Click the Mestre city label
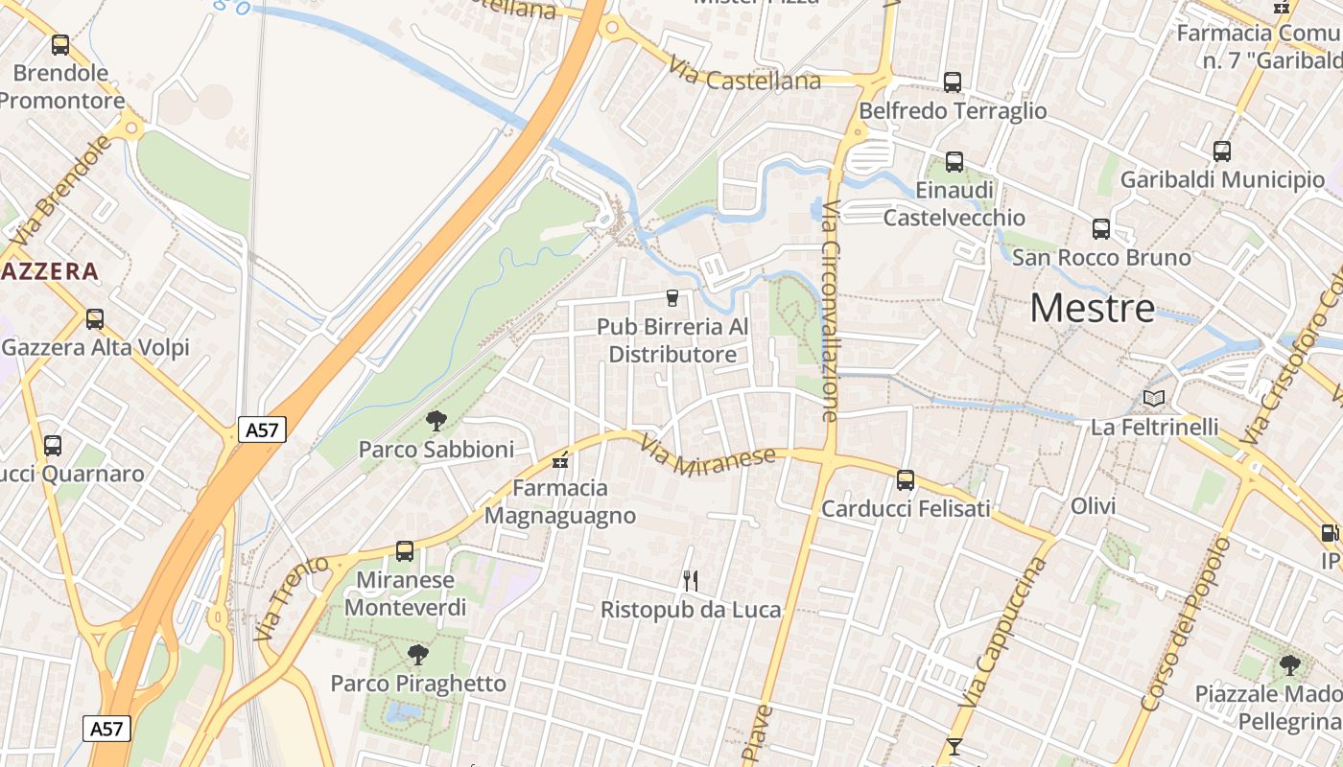[1092, 309]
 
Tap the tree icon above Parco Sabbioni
[436, 420]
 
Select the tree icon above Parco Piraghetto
[417, 655]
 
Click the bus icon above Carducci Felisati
[906, 479]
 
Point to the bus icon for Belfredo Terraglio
[952, 82]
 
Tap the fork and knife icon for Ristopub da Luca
[690, 580]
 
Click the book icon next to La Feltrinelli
[1153, 398]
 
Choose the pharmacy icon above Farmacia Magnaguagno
[560, 461]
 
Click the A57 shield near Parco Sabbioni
[262, 430]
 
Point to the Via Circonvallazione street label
[830, 311]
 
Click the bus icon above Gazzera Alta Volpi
[94, 319]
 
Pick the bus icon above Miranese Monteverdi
[405, 551]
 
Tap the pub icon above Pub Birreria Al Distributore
[671, 298]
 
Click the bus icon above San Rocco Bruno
[1101, 229]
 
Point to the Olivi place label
[1095, 505]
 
